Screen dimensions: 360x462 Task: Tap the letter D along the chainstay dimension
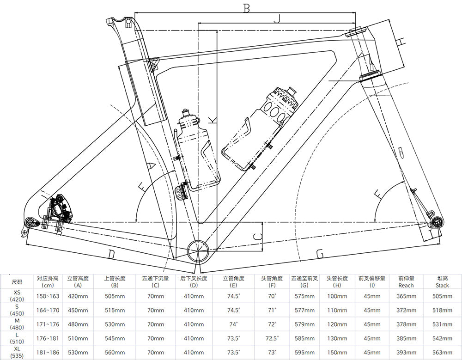(x=111, y=253)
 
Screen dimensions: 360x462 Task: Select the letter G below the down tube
(x=320, y=253)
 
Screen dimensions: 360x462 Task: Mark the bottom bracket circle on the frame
(x=199, y=250)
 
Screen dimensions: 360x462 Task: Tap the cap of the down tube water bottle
(x=290, y=89)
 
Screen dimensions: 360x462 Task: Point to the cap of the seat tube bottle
(x=186, y=112)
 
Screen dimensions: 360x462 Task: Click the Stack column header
(x=442, y=282)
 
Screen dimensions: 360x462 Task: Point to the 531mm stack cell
(x=442, y=324)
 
